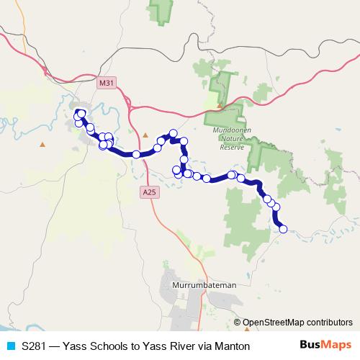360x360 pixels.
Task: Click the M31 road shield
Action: point(107,84)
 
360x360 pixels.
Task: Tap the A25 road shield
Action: point(148,192)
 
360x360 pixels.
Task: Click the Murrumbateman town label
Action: point(205,286)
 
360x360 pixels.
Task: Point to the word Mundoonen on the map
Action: point(233,130)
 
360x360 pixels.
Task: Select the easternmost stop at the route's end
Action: point(283,229)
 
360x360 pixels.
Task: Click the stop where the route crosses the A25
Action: point(136,154)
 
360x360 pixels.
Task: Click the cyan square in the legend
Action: point(10,346)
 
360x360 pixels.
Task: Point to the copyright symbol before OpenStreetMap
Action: point(238,323)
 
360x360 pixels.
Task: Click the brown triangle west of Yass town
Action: point(42,145)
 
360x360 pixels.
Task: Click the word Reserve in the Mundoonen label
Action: point(233,147)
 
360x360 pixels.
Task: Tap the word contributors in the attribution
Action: point(328,323)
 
